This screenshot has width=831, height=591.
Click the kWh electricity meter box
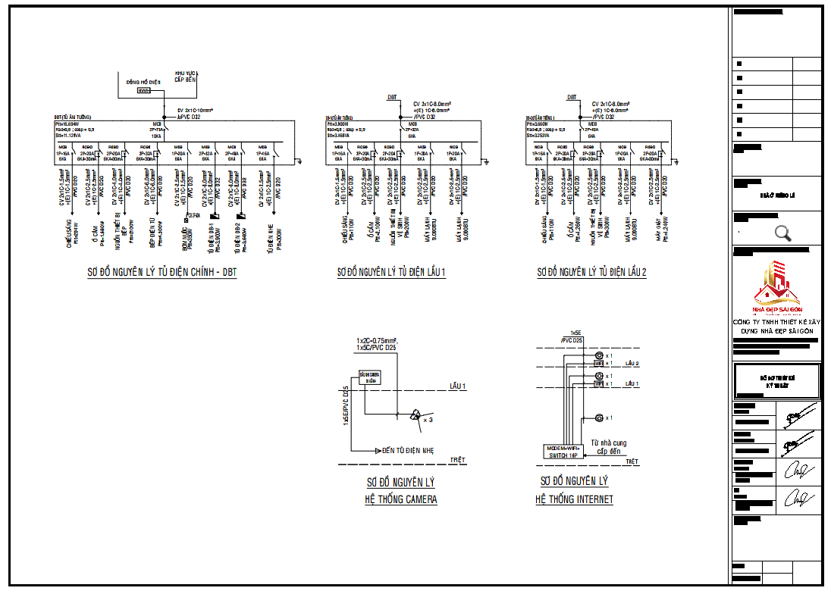[x=143, y=91]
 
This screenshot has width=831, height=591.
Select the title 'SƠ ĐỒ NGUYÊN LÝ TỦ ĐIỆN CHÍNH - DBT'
[x=161, y=272]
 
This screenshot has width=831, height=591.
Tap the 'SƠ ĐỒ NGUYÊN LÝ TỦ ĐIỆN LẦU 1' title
[x=391, y=272]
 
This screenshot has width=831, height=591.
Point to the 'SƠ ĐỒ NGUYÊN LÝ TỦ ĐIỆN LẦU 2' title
[x=591, y=272]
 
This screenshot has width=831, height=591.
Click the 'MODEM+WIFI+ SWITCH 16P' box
[x=563, y=451]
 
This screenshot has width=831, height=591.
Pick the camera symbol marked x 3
[x=415, y=414]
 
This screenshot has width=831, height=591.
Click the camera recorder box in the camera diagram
[x=369, y=378]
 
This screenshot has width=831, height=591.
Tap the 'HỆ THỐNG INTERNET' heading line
[x=574, y=499]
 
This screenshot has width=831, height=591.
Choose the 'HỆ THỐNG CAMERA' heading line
[x=402, y=499]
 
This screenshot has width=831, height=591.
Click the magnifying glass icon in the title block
[x=783, y=233]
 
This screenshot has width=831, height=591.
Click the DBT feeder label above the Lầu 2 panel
[x=572, y=98]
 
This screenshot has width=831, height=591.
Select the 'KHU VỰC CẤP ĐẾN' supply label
[x=185, y=76]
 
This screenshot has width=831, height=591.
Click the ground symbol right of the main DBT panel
[x=300, y=161]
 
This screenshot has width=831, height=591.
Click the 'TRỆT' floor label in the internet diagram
[x=632, y=461]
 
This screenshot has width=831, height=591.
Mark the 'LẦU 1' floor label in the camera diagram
[x=457, y=386]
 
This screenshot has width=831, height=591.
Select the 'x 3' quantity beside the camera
[x=428, y=419]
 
